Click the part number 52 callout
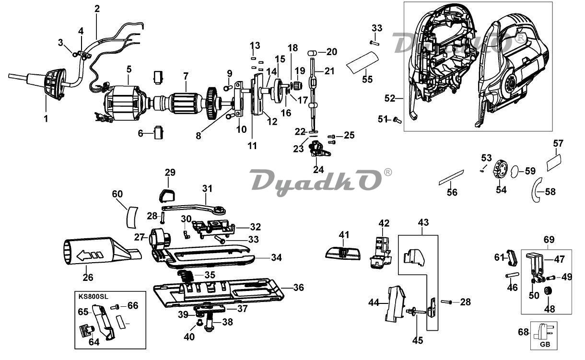coord(390,98)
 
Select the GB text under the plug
coord(545,344)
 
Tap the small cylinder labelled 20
coord(312,53)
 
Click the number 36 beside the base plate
coord(298,288)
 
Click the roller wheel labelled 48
coord(547,291)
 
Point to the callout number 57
coord(558,143)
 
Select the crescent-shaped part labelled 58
coord(534,191)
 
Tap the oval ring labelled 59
coord(514,172)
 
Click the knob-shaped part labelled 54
coord(500,170)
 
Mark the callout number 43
coord(423,222)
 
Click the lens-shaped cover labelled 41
coord(343,254)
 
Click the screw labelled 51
coord(397,120)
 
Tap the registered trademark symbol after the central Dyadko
coord(388,172)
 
